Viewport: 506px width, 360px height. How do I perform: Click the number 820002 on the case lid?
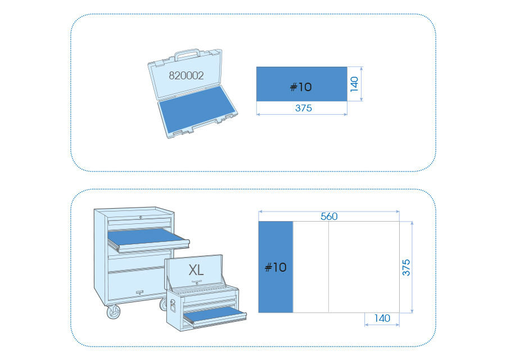pyautogui.click(x=186, y=75)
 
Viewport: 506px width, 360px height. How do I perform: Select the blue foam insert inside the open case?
pyautogui.click(x=196, y=109)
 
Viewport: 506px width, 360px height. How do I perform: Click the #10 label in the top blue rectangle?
pyautogui.click(x=301, y=87)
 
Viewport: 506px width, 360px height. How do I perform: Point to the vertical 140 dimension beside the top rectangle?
pyautogui.click(x=354, y=84)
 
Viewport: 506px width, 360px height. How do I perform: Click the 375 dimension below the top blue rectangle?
pyautogui.click(x=304, y=108)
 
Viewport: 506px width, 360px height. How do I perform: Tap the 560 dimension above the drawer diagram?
pyautogui.click(x=329, y=217)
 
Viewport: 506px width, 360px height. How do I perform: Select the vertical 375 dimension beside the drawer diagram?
pyautogui.click(x=406, y=267)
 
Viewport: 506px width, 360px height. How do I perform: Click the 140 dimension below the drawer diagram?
pyautogui.click(x=382, y=318)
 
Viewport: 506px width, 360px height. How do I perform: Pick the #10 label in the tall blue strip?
pyautogui.click(x=275, y=267)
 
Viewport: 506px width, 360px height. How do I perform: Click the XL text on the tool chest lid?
pyautogui.click(x=196, y=269)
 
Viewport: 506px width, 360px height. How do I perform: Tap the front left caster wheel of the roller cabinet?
pyautogui.click(x=113, y=312)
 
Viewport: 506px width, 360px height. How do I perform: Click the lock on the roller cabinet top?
pyautogui.click(x=141, y=217)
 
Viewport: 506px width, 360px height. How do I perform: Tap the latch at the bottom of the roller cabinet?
pyautogui.click(x=139, y=292)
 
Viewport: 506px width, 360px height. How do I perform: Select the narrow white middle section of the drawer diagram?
pyautogui.click(x=311, y=267)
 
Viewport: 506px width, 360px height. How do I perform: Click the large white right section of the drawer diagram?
pyautogui.click(x=364, y=267)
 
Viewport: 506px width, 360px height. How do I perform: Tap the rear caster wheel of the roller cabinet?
pyautogui.click(x=163, y=304)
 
